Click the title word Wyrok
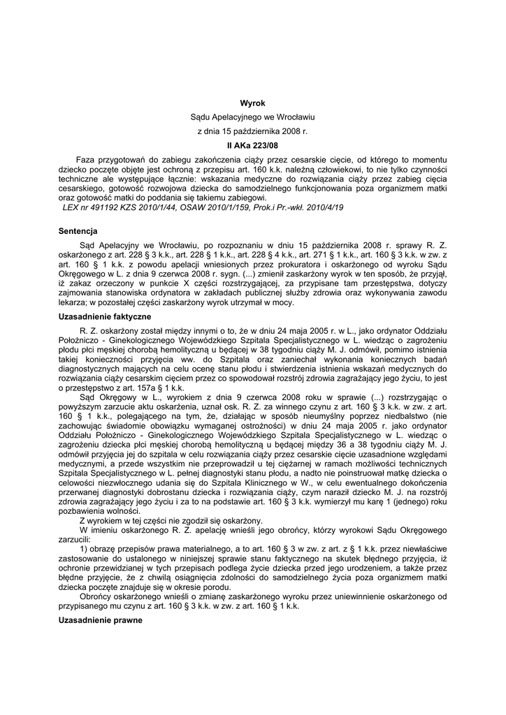pos(252,103)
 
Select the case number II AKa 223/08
pos(252,147)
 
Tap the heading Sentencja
pos(78,230)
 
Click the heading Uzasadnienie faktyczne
pos(105,317)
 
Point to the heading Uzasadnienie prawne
pos(100,620)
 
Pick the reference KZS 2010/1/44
pos(156,208)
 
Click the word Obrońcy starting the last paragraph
pos(99,596)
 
